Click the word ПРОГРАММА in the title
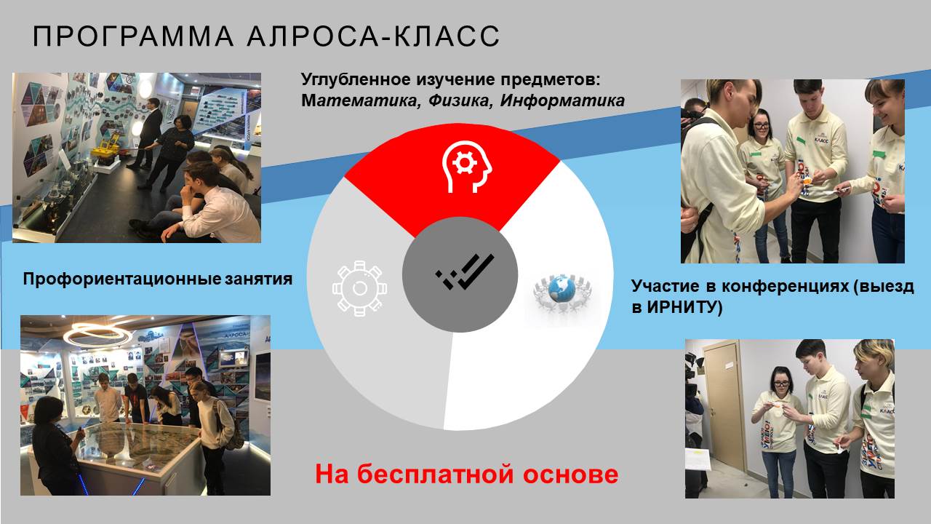point(133,36)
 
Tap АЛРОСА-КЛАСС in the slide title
point(373,36)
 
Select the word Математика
point(359,100)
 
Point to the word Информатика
point(562,100)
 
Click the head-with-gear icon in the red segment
point(466,167)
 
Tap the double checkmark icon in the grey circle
point(465,271)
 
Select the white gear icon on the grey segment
point(359,288)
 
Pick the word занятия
point(258,279)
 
